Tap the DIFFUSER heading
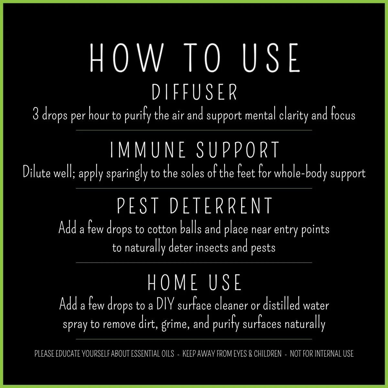[195, 93]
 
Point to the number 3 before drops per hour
[36, 115]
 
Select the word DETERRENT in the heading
[221, 206]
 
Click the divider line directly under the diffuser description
[194, 130]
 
